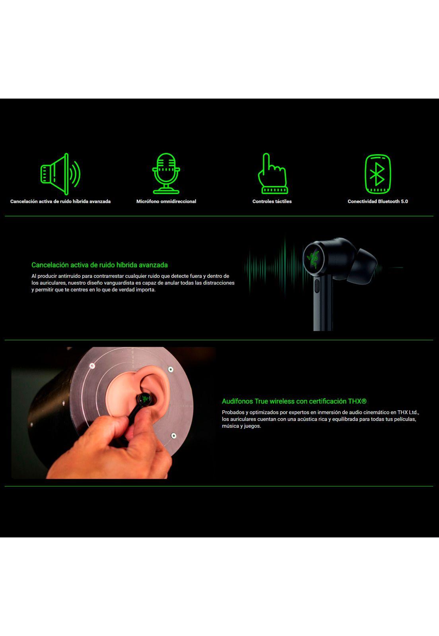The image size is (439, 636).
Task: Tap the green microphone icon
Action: click(x=166, y=173)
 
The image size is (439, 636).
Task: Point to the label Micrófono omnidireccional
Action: click(x=166, y=202)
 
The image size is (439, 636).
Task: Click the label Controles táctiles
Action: click(x=272, y=202)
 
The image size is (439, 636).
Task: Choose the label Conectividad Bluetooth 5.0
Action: click(x=378, y=202)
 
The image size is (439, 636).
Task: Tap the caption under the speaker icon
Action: click(x=60, y=202)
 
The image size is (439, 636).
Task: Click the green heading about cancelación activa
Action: click(x=99, y=265)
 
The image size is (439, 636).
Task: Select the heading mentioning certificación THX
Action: click(x=294, y=401)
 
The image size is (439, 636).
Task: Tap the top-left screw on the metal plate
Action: click(x=92, y=366)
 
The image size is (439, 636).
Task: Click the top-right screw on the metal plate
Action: click(x=171, y=370)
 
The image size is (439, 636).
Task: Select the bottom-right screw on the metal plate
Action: click(x=173, y=436)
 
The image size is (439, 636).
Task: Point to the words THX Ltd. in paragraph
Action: click(x=408, y=413)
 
